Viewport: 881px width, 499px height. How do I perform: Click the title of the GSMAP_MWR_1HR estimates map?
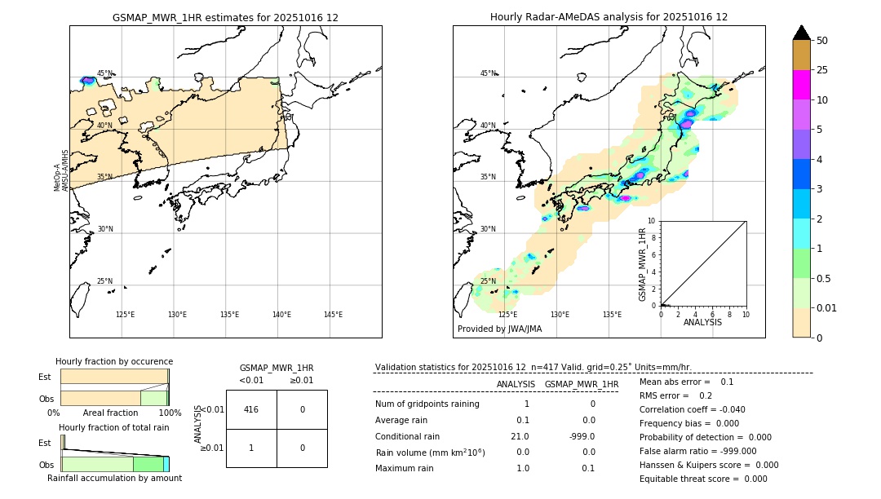pos(225,17)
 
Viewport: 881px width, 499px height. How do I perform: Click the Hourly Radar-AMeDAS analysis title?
pos(609,17)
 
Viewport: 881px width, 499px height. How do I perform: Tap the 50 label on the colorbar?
pos(822,41)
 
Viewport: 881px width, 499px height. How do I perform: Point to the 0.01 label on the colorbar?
pos(827,308)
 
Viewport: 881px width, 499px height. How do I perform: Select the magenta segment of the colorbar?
pos(801,85)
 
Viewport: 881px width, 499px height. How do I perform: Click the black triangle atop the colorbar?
pos(801,33)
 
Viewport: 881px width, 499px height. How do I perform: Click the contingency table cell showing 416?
pos(251,409)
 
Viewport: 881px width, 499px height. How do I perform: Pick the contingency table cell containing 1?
pos(251,448)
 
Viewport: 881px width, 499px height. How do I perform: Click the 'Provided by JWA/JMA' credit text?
pos(499,329)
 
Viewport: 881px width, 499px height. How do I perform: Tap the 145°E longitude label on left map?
pos(333,315)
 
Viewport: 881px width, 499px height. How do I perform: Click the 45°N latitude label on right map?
pos(488,73)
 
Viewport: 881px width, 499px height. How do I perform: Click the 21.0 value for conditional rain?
pos(520,436)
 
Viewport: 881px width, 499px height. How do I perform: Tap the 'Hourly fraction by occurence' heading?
pos(114,361)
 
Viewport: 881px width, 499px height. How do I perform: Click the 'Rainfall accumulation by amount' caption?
pos(114,479)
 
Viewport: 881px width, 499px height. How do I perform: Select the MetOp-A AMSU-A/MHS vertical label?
pos(61,171)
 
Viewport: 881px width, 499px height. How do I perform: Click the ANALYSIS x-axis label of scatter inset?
pos(702,322)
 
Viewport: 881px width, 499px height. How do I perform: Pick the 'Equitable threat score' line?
pos(703,479)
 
